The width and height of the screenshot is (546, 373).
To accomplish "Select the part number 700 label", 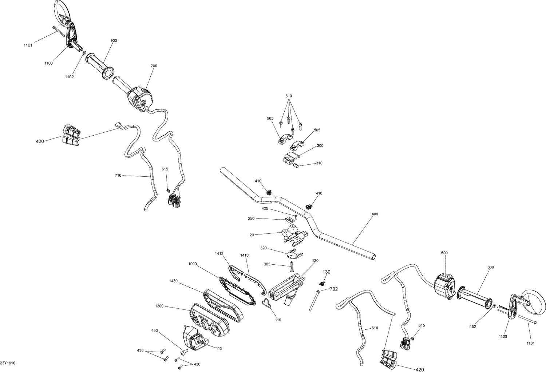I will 154,66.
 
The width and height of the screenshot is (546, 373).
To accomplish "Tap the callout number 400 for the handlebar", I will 375,214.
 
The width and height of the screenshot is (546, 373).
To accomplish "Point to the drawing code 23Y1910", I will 8,363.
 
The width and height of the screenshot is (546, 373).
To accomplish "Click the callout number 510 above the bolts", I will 289,96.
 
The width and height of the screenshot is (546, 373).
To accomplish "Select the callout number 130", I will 327,272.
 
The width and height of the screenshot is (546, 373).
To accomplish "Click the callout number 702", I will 334,289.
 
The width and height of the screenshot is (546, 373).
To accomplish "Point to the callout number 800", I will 491,267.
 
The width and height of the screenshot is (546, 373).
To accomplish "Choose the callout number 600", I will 444,253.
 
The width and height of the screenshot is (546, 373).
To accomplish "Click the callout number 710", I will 118,176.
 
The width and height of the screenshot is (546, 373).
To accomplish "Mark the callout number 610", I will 375,328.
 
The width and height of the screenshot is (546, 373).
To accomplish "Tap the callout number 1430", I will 174,281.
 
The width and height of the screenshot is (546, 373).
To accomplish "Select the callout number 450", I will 155,330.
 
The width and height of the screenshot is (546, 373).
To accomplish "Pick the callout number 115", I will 218,348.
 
